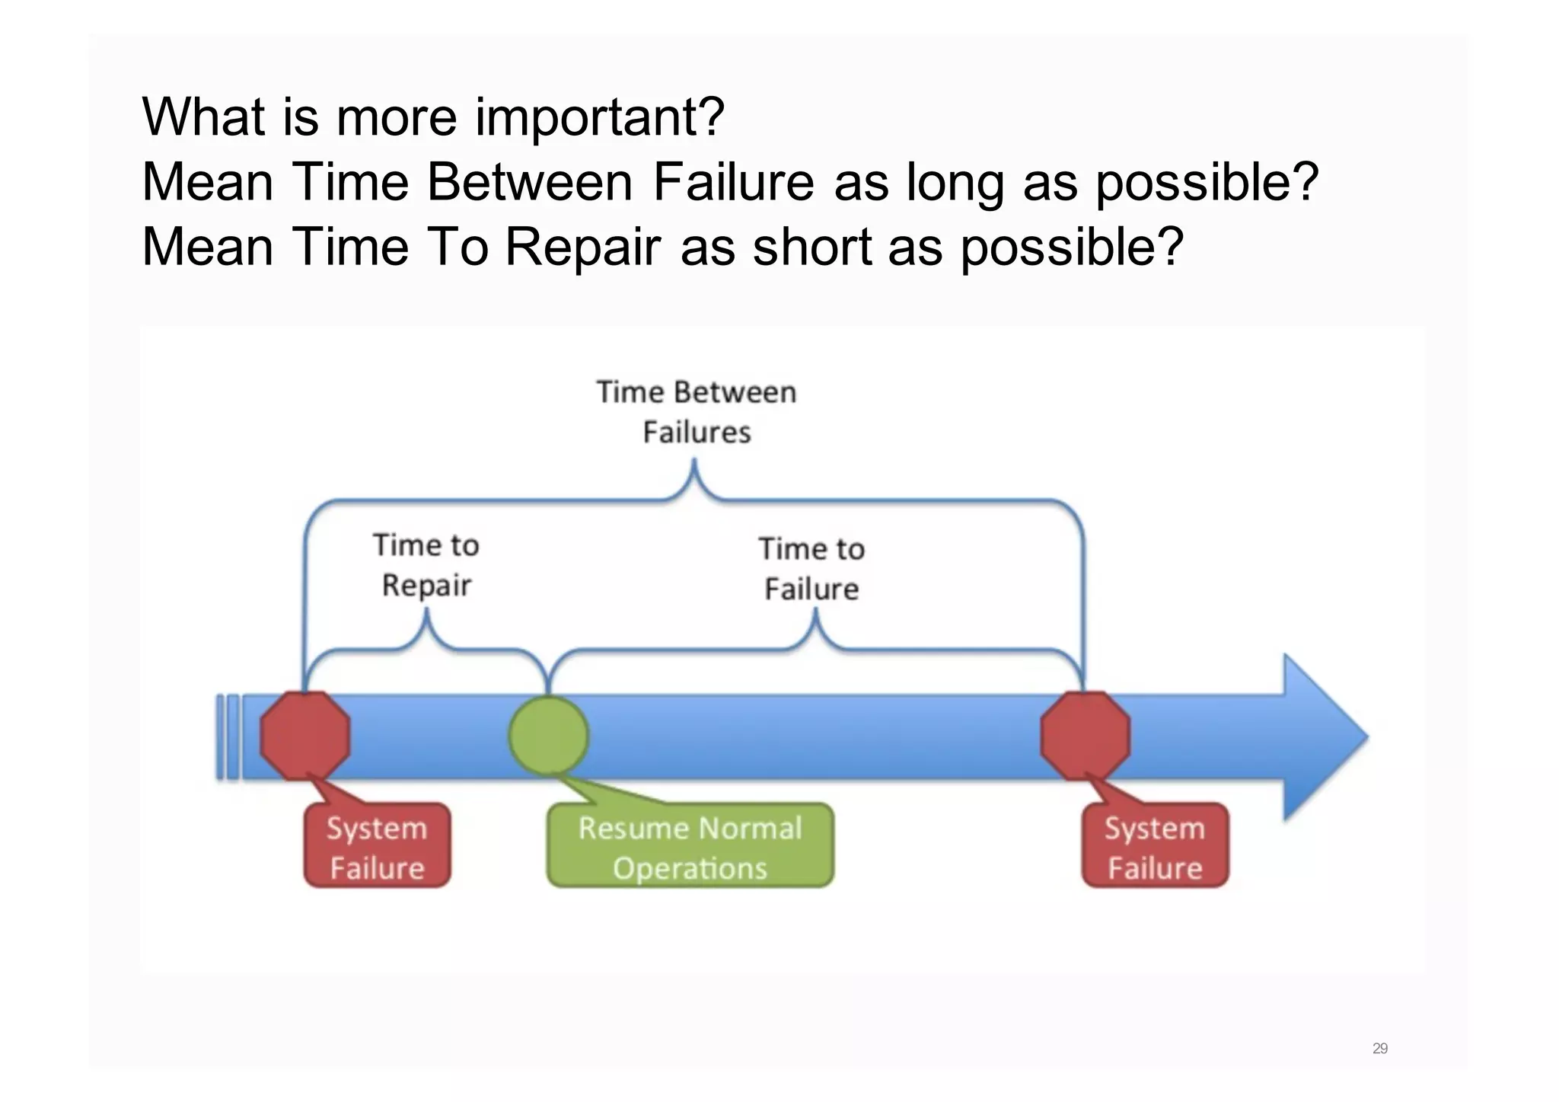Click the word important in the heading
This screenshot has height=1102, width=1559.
(x=598, y=118)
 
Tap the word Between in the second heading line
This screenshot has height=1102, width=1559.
(x=529, y=183)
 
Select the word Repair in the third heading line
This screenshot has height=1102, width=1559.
(x=582, y=248)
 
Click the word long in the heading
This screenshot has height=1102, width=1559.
(x=955, y=183)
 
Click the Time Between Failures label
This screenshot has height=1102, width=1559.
(x=696, y=412)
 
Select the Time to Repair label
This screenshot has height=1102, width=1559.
(x=426, y=565)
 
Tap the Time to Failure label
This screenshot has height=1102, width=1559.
(x=811, y=569)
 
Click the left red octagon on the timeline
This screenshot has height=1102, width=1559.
(x=305, y=736)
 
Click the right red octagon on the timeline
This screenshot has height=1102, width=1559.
(x=1085, y=736)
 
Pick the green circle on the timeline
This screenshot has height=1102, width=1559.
(x=548, y=736)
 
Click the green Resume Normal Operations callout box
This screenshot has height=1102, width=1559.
(x=690, y=847)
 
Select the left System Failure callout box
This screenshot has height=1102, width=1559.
(x=377, y=847)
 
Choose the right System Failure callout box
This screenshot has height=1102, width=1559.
(x=1155, y=847)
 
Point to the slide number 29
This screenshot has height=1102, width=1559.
(x=1379, y=1049)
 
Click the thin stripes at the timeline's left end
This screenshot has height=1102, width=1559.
(x=228, y=737)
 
